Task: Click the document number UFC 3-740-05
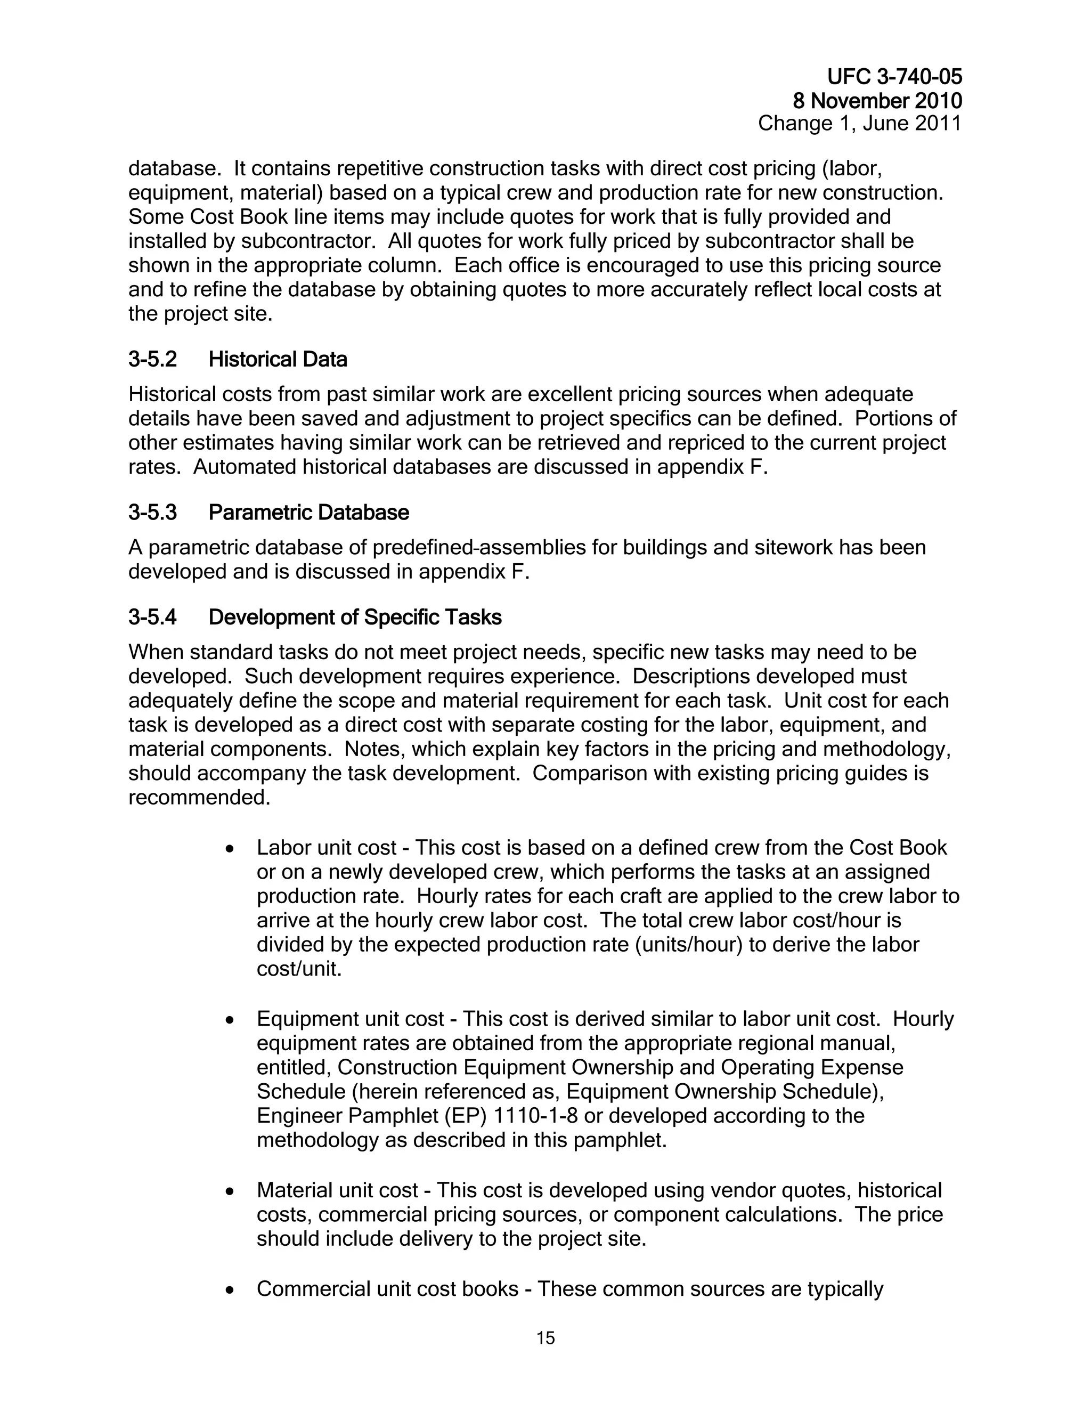tap(894, 77)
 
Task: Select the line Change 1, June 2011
tap(860, 123)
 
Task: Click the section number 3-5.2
tap(152, 360)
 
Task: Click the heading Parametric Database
tap(308, 513)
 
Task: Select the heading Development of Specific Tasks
tap(355, 618)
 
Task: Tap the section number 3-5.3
tap(152, 513)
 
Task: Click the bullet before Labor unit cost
tap(230, 849)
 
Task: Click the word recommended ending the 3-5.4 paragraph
tap(198, 798)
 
